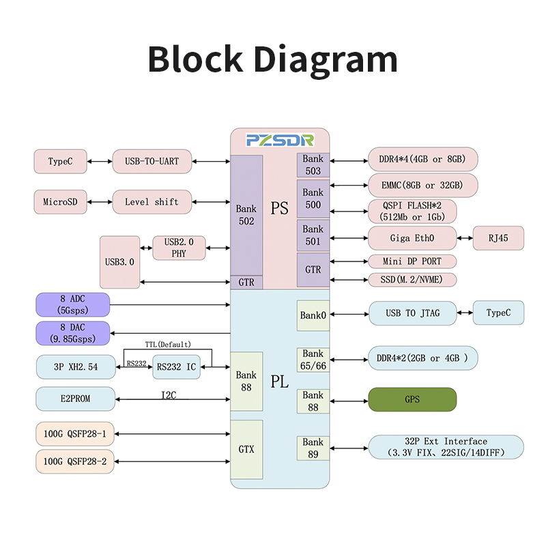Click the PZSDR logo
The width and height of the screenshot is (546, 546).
coord(280,140)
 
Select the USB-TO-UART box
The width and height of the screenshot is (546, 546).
coord(151,162)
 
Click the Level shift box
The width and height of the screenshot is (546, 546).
coord(151,202)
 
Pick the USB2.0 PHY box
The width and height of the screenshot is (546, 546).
coord(179,247)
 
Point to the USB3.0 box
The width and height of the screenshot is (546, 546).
coord(119,261)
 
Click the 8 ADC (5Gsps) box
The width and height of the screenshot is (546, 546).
coord(72,304)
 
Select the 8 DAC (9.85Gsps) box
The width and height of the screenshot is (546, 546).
coord(72,333)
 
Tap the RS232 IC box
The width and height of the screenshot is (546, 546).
coord(176,367)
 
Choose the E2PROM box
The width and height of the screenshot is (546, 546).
coord(75,399)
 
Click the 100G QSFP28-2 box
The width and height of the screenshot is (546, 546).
coord(75,461)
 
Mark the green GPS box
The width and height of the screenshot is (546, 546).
coord(412,399)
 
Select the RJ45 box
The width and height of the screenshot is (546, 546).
coord(498,238)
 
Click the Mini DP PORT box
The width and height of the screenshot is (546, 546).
coord(412,261)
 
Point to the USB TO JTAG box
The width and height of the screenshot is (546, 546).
coord(412,313)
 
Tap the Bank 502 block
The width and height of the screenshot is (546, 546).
coord(246,215)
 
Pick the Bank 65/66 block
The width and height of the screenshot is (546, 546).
coord(313,360)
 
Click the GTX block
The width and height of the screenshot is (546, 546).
coord(246,449)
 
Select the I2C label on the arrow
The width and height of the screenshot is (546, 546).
coord(169,394)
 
